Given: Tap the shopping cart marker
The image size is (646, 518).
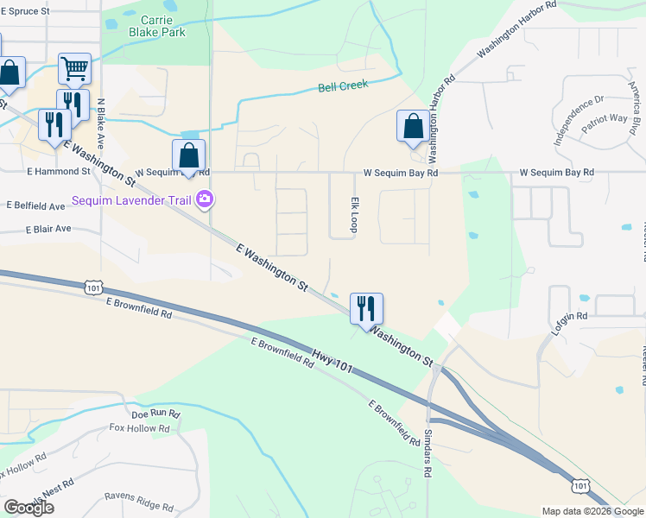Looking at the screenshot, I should point(75,68).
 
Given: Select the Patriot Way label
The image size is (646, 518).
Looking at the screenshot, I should point(605,119).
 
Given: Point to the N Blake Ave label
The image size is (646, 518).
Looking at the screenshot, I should point(101,121).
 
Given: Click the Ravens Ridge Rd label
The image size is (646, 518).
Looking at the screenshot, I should point(139,502).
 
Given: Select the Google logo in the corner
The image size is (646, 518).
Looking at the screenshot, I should point(28,508).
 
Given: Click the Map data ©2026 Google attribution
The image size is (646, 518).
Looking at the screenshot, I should point(592,511).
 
